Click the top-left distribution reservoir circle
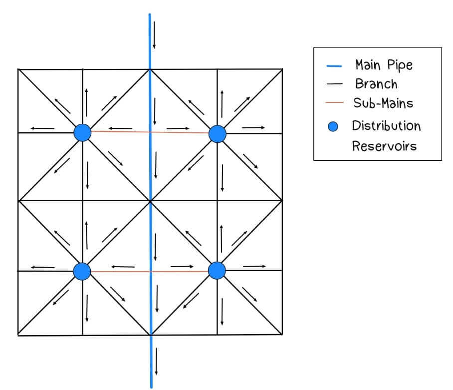82,133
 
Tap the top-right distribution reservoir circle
218,133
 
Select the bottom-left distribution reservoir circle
82,271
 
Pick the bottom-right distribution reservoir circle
217,270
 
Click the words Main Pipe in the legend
384,65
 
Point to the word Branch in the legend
376,83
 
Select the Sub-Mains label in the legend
383,103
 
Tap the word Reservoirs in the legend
384,146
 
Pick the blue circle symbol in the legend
333,126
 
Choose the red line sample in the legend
334,103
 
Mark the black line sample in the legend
334,84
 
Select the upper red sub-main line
150,132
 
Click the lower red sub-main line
150,271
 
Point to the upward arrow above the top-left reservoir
87,102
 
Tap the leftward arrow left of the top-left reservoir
42,128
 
